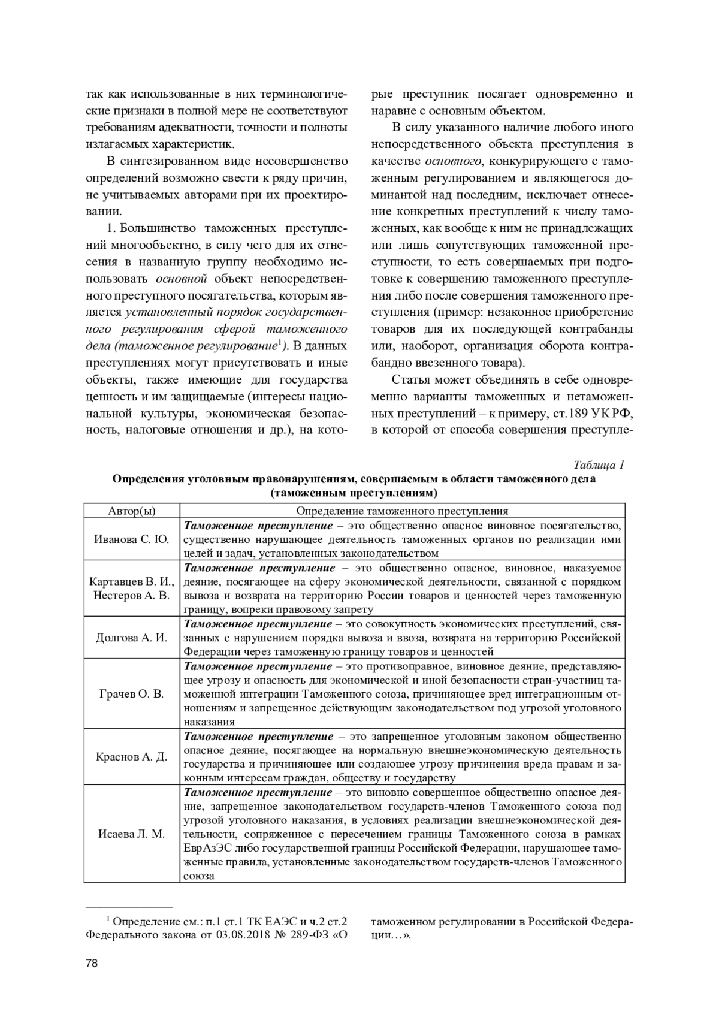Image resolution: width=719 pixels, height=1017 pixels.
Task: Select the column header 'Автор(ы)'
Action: pos(131,511)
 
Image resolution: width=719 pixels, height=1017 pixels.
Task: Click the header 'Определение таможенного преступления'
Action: pos(402,511)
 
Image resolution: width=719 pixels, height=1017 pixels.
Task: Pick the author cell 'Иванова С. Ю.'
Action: pos(131,539)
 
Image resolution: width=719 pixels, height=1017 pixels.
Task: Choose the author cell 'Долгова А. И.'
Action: pos(131,638)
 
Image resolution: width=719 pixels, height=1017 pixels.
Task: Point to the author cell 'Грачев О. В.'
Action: pos(131,694)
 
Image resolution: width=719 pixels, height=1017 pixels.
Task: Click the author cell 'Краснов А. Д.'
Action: pos(131,756)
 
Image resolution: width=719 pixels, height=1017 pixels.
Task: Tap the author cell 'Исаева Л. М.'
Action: pos(131,834)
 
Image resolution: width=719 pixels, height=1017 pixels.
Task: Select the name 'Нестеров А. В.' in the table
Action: pos(131,596)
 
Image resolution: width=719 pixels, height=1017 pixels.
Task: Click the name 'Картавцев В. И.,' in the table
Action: pos(131,581)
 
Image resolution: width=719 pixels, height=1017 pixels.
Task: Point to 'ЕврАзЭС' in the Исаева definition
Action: pos(208,848)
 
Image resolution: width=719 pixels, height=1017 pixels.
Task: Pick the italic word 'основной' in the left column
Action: pos(182,279)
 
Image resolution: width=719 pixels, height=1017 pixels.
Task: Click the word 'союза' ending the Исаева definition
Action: pos(199,876)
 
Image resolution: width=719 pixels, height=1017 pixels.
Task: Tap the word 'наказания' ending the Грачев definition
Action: pos(209,722)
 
